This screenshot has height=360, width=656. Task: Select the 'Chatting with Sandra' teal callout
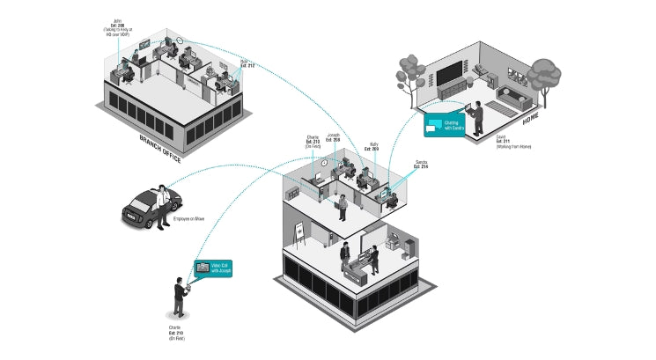pyautogui.click(x=445, y=126)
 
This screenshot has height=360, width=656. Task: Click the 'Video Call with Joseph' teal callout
pyautogui.click(x=216, y=268)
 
